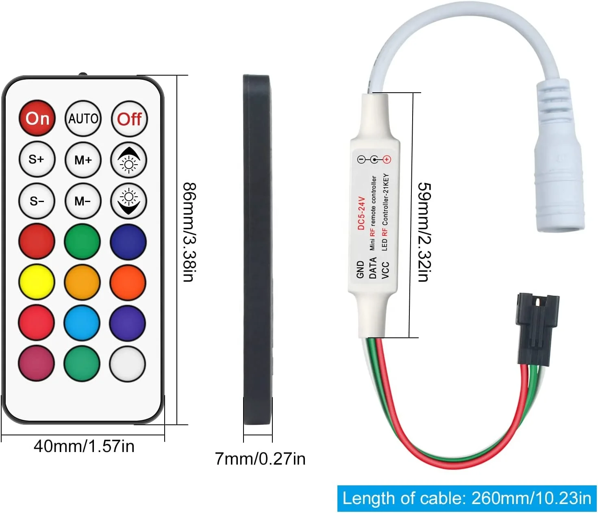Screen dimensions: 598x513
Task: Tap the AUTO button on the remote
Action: [83, 118]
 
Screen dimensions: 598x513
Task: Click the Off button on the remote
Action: [129, 119]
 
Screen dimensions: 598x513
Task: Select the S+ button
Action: [37, 159]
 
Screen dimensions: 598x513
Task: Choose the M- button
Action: [83, 201]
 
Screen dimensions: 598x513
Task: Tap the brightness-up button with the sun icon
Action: [129, 160]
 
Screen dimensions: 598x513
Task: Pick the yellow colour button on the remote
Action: [37, 282]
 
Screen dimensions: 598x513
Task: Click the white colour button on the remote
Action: [128, 364]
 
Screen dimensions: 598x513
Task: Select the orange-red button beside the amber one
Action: [128, 282]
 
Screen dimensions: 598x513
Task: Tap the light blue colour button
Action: [82, 323]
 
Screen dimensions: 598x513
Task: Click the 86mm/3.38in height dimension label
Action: [189, 232]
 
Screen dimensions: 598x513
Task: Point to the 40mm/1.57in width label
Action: [84, 446]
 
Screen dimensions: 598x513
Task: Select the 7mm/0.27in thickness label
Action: [260, 459]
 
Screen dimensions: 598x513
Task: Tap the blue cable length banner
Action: [467, 498]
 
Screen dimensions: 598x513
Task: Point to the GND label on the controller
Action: [360, 270]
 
